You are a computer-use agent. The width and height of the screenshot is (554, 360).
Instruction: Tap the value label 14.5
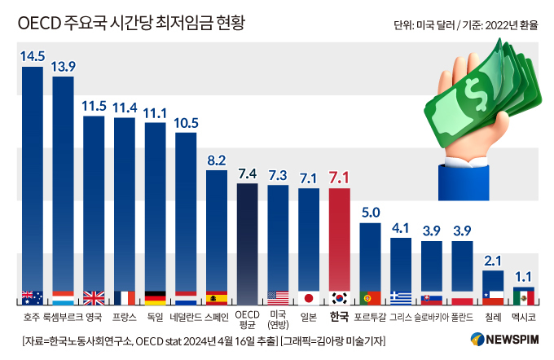point(33,57)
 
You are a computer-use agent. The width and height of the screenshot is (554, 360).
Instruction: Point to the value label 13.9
point(63,66)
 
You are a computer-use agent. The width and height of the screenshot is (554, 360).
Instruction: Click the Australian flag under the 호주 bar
point(33,297)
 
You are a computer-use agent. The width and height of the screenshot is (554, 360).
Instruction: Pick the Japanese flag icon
point(308,297)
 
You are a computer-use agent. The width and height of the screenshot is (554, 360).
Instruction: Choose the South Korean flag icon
point(339,297)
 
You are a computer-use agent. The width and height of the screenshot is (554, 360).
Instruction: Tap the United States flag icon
point(278,297)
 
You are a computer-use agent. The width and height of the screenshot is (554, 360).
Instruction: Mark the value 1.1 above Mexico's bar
point(524,276)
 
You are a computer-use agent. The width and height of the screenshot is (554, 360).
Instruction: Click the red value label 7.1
point(339,178)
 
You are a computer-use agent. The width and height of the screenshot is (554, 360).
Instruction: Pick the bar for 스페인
point(217,232)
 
